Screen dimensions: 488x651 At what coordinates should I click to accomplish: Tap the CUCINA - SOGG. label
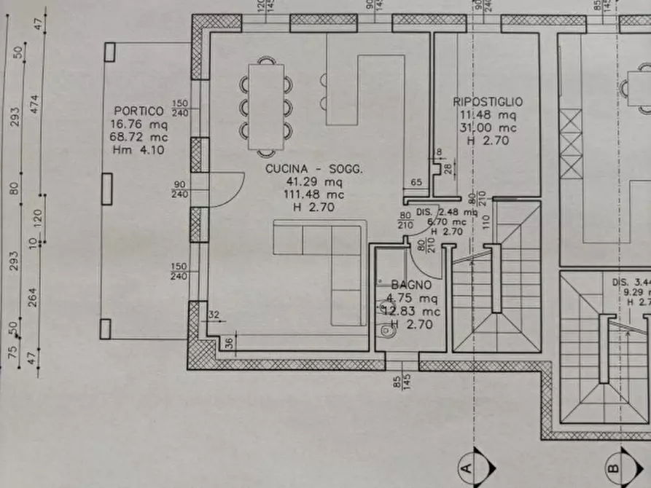point(313,169)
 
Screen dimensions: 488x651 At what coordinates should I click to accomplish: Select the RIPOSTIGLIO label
point(488,102)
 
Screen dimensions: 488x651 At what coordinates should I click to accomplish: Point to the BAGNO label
point(411,286)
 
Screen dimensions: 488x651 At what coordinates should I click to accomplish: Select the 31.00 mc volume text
point(488,128)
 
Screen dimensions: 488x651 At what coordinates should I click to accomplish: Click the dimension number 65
point(417,183)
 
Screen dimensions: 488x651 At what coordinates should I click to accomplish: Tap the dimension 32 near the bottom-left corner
point(214,315)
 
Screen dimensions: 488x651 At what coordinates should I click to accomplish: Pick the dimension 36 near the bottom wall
point(228,342)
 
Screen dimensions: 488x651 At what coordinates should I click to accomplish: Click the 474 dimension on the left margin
point(33,105)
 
